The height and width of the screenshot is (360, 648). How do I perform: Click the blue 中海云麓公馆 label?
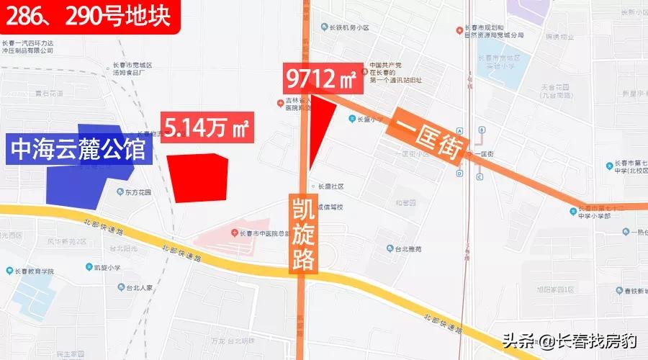[78, 149]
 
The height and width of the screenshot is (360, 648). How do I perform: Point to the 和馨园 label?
[406, 203]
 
